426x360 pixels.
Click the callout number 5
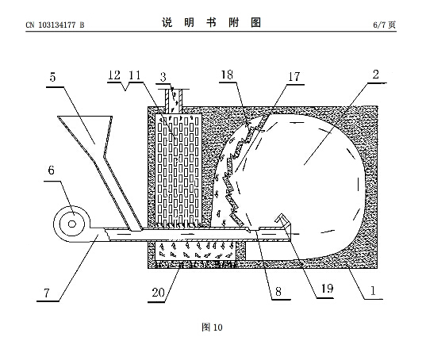click(52, 77)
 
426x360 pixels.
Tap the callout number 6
click(51, 170)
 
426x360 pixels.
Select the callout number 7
click(47, 293)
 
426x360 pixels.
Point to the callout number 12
click(114, 75)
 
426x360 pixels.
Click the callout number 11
click(135, 75)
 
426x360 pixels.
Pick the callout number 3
click(163, 77)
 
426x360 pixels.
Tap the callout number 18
click(227, 75)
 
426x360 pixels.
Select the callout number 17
click(294, 77)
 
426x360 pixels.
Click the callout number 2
click(375, 75)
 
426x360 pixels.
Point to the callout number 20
click(158, 293)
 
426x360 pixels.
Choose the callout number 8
click(278, 292)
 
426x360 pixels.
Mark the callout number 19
click(327, 289)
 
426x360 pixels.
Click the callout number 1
click(373, 291)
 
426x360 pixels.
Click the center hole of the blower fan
click(72, 224)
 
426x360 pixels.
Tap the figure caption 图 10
click(212, 327)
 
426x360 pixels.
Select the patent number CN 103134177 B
click(56, 25)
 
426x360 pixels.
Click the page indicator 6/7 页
click(384, 25)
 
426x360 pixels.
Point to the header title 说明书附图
click(212, 22)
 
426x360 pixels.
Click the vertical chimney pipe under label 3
click(173, 101)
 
